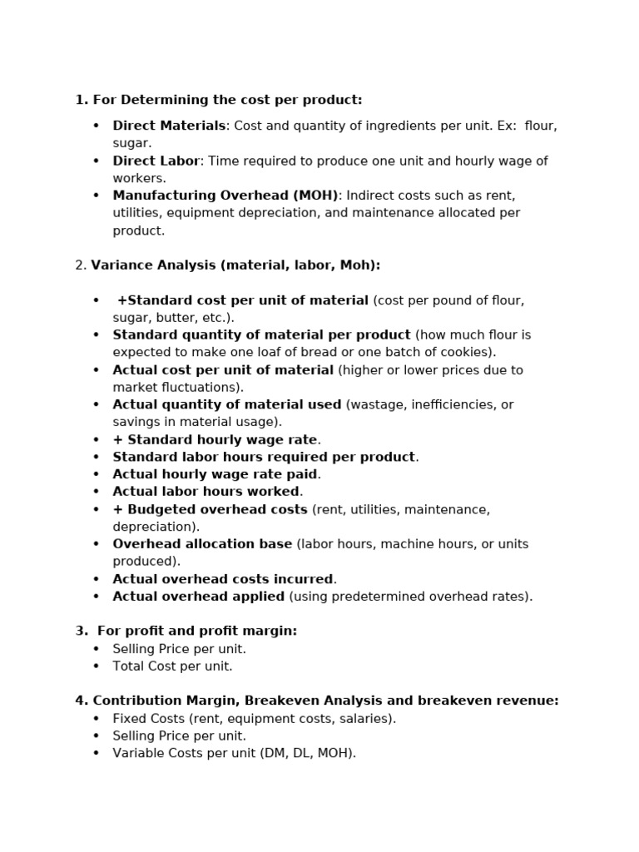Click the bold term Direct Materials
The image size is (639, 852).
169,126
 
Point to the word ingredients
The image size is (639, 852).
372,126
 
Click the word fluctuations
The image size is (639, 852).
202,388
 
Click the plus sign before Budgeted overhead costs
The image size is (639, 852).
117,509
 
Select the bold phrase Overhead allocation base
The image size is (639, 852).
202,544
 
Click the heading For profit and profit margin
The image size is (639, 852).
197,632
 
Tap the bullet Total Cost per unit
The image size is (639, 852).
172,666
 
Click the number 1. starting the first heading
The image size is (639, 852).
81,101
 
